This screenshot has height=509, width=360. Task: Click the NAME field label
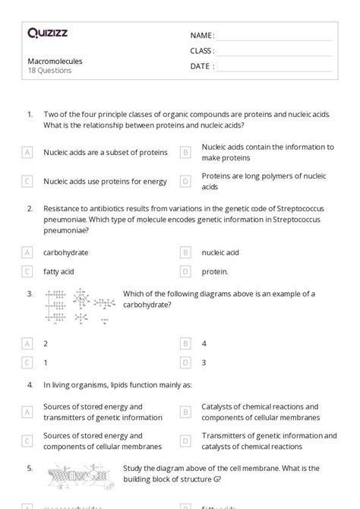pyautogui.click(x=201, y=36)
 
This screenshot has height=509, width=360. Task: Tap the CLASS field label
pyautogui.click(x=202, y=51)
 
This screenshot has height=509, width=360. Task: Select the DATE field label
pyautogui.click(x=201, y=66)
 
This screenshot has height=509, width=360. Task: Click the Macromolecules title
pyautogui.click(x=55, y=61)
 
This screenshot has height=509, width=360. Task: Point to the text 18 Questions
pyautogui.click(x=49, y=71)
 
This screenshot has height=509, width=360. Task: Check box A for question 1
pyautogui.click(x=27, y=153)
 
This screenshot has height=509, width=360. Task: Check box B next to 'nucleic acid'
pyautogui.click(x=185, y=252)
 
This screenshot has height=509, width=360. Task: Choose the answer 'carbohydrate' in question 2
pyautogui.click(x=65, y=252)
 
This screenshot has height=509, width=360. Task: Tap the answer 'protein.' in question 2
pyautogui.click(x=215, y=270)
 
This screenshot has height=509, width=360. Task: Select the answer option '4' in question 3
pyautogui.click(x=204, y=344)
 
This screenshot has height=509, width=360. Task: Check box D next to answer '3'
pyautogui.click(x=185, y=362)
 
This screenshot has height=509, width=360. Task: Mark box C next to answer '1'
pyautogui.click(x=27, y=362)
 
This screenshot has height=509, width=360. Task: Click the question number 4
pyautogui.click(x=30, y=385)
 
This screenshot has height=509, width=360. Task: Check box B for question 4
pyautogui.click(x=185, y=412)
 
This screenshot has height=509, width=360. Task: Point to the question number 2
pyautogui.click(x=30, y=207)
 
